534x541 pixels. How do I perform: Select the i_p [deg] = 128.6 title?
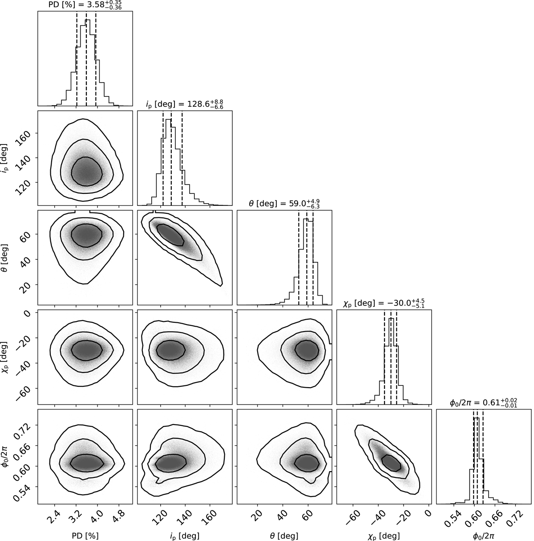(184, 104)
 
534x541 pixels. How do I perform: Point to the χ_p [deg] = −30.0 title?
(384, 304)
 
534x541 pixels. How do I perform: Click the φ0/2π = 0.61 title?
(483, 403)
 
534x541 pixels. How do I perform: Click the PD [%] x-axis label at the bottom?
(85, 535)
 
